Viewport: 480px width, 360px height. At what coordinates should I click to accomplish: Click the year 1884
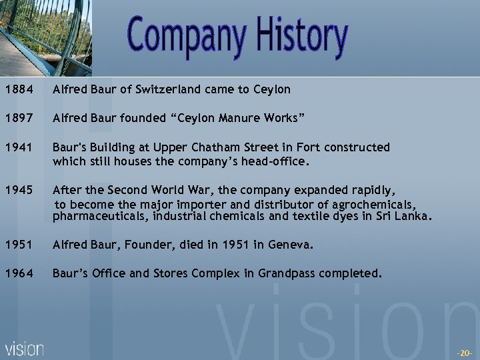(16, 89)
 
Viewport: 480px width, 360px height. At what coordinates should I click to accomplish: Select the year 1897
(16, 118)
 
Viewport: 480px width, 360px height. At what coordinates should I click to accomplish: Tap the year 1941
(16, 147)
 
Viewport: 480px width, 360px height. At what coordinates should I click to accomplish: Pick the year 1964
(16, 273)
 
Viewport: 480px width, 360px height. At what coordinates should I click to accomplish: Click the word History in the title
(298, 37)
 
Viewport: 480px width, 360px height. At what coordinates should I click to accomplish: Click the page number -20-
(464, 352)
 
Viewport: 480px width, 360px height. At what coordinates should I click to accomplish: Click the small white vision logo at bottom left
(25, 349)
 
